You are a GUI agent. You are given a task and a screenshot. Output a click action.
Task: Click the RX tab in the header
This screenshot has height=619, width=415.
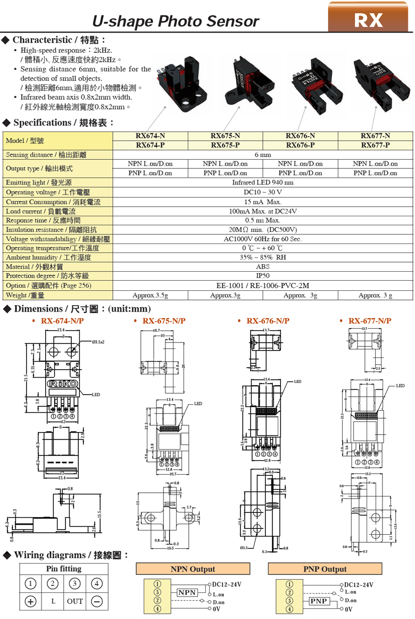[369, 19]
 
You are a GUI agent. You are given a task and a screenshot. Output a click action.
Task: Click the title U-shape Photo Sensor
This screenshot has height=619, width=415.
[175, 21]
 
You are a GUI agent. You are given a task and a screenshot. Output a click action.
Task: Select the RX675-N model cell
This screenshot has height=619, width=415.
[225, 136]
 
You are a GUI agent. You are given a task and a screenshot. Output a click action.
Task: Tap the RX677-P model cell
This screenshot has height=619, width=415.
[375, 145]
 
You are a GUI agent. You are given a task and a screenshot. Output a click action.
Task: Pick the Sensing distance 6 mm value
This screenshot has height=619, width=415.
[262, 154]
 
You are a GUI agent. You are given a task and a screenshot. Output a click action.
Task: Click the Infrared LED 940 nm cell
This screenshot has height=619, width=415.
[262, 182]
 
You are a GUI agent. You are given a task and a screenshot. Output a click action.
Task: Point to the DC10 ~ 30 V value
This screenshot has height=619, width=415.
[262, 192]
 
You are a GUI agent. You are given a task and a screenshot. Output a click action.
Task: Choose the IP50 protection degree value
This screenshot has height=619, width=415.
[262, 276]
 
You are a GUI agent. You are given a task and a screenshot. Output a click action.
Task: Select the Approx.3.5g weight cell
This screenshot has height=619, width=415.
[150, 295]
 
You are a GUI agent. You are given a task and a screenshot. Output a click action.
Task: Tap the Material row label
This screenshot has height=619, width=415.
[35, 267]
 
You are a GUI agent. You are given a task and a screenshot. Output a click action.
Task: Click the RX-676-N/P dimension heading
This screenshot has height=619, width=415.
[268, 321]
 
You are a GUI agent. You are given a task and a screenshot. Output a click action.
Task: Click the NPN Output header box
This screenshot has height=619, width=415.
[193, 569]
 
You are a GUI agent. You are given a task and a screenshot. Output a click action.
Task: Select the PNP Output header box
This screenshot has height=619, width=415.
[325, 569]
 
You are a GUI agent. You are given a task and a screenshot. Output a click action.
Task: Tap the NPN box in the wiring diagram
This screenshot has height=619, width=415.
[187, 592]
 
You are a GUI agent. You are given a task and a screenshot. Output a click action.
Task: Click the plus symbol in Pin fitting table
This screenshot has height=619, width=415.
[31, 601]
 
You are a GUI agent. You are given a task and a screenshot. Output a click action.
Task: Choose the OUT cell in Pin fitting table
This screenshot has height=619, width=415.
[74, 601]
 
